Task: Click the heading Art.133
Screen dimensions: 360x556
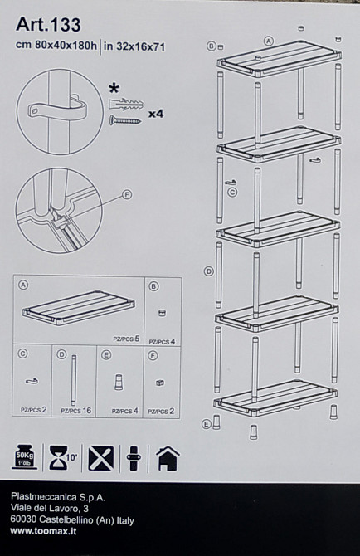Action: pyautogui.click(x=48, y=24)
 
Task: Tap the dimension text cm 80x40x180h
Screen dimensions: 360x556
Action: pyautogui.click(x=56, y=46)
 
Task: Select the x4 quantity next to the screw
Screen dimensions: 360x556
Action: pyautogui.click(x=156, y=114)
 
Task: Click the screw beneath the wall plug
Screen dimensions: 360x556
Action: pyautogui.click(x=125, y=120)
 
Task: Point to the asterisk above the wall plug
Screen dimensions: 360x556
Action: pyautogui.click(x=114, y=89)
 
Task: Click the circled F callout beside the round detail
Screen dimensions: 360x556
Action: pyautogui.click(x=126, y=194)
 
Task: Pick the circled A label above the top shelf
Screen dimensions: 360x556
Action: pyautogui.click(x=269, y=41)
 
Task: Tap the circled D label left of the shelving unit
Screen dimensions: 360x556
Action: pyautogui.click(x=209, y=271)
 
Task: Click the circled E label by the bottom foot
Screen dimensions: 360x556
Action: pyautogui.click(x=207, y=424)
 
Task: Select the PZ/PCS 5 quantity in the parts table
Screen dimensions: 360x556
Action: pyautogui.click(x=126, y=339)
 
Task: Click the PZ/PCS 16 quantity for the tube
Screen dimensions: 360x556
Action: pyautogui.click(x=75, y=411)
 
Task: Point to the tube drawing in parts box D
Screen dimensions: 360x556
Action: pyautogui.click(x=74, y=380)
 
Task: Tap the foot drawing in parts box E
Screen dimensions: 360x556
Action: pyautogui.click(x=119, y=382)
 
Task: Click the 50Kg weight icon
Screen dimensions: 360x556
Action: pyautogui.click(x=24, y=457)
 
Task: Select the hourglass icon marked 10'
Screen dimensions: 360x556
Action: pyautogui.click(x=63, y=458)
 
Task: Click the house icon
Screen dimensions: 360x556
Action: pyautogui.click(x=168, y=458)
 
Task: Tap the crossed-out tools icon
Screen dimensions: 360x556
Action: pyautogui.click(x=101, y=458)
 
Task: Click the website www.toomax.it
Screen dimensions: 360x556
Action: pyautogui.click(x=43, y=531)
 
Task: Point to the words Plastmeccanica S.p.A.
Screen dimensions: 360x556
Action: pyautogui.click(x=58, y=497)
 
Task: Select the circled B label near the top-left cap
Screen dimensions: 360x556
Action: pyautogui.click(x=212, y=46)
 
